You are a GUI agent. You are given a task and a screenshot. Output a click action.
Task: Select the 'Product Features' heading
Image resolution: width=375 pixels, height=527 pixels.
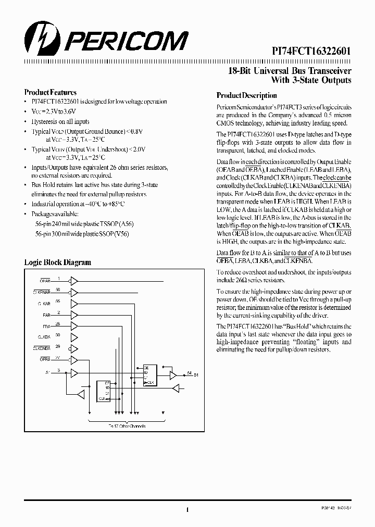(x=50, y=92)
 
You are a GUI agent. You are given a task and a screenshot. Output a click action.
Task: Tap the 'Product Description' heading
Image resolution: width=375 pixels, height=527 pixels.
(x=246, y=96)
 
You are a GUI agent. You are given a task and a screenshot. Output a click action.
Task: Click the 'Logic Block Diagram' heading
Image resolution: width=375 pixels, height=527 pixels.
(x=57, y=262)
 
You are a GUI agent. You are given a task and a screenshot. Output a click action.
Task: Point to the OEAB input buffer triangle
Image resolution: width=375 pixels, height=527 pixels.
(x=74, y=281)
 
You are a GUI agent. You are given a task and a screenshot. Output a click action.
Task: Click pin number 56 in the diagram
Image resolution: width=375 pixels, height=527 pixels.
(x=58, y=290)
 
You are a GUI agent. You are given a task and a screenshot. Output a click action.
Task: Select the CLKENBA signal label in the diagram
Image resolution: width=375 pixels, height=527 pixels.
(x=41, y=348)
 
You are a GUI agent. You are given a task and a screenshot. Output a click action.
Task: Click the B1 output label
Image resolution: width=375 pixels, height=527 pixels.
(x=197, y=375)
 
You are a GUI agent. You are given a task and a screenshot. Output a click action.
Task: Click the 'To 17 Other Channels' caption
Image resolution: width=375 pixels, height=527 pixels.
(x=127, y=426)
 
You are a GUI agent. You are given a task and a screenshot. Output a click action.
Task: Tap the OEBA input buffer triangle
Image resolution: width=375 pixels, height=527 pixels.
(x=74, y=360)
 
